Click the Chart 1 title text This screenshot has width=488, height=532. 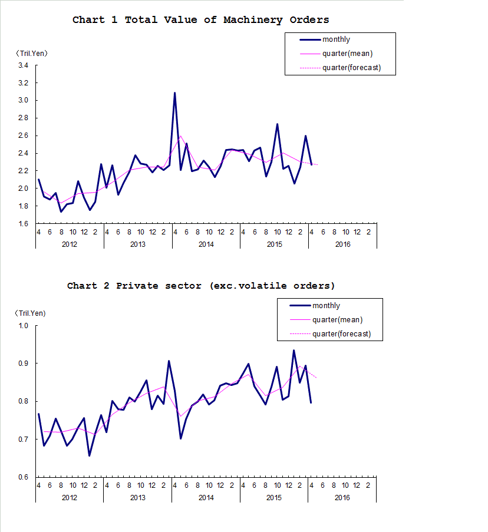(200, 20)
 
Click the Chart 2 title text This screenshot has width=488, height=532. (200, 286)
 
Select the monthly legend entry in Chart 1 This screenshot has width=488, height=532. (336, 39)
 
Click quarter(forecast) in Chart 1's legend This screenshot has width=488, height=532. (351, 68)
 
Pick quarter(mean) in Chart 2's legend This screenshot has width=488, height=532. (337, 320)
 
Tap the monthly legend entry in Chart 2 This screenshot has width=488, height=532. (326, 306)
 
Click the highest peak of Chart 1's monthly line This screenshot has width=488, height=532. (174, 93)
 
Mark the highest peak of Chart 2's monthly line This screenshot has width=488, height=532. (294, 351)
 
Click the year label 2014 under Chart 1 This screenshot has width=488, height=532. (206, 244)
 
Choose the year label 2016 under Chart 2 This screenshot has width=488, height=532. (342, 498)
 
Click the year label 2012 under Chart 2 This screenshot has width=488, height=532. (69, 498)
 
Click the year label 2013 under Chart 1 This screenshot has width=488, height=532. (137, 244)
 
